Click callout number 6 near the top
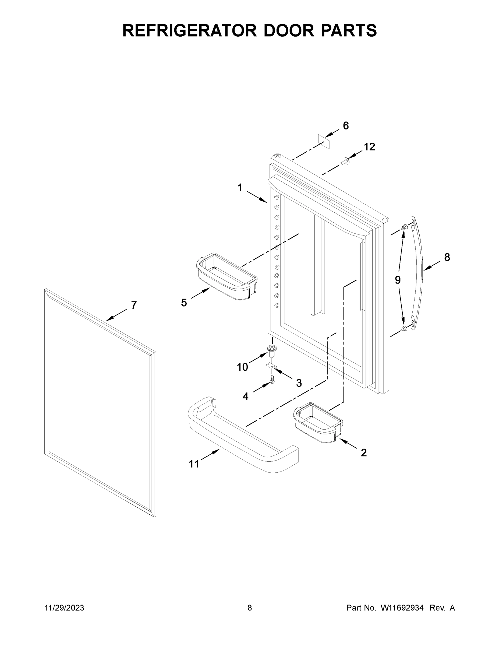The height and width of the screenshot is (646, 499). (x=346, y=126)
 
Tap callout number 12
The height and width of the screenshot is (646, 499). (x=370, y=147)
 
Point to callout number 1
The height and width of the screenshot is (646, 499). (x=240, y=188)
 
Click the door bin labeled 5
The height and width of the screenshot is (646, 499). (x=227, y=276)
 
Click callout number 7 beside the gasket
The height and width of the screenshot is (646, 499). (x=134, y=305)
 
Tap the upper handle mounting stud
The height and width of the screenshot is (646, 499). (x=404, y=227)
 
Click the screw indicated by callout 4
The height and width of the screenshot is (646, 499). (x=272, y=380)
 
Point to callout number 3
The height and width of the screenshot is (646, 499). (x=299, y=383)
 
